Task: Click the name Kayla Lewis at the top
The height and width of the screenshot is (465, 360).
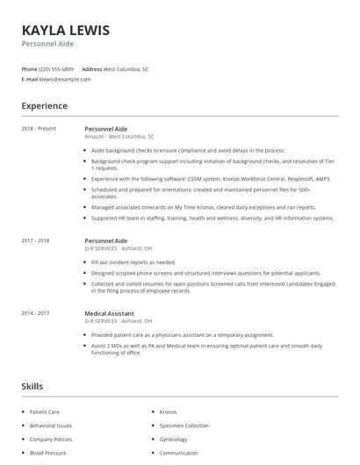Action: point(66,30)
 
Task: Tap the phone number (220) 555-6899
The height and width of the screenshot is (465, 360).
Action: point(56,68)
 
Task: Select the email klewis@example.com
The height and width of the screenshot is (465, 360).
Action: point(65,79)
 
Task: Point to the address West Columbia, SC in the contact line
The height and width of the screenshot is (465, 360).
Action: point(126,68)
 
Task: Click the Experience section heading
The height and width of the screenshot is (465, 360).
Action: point(44,106)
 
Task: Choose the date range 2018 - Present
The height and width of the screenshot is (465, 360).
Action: point(39,129)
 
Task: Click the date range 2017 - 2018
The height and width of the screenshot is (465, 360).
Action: point(36,240)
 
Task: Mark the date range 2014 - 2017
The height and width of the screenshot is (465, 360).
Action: point(36,313)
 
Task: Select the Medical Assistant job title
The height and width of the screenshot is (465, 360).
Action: point(110,313)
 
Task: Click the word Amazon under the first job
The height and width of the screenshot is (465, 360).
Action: point(95,137)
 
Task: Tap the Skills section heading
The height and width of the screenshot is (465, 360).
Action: point(32,386)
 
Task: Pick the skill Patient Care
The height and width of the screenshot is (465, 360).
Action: point(45,411)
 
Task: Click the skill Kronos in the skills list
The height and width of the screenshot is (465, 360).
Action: point(168,411)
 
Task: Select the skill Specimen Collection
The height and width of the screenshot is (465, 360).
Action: point(184,426)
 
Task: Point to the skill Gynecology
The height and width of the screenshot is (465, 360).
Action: point(174,440)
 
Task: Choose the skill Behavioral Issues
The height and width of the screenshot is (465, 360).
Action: point(51,426)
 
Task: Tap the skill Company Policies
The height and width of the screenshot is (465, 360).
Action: point(51,440)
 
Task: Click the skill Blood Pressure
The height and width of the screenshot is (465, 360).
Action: point(47,454)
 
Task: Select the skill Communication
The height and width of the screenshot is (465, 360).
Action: point(178,454)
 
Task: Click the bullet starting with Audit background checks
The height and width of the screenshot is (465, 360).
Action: point(187,150)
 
